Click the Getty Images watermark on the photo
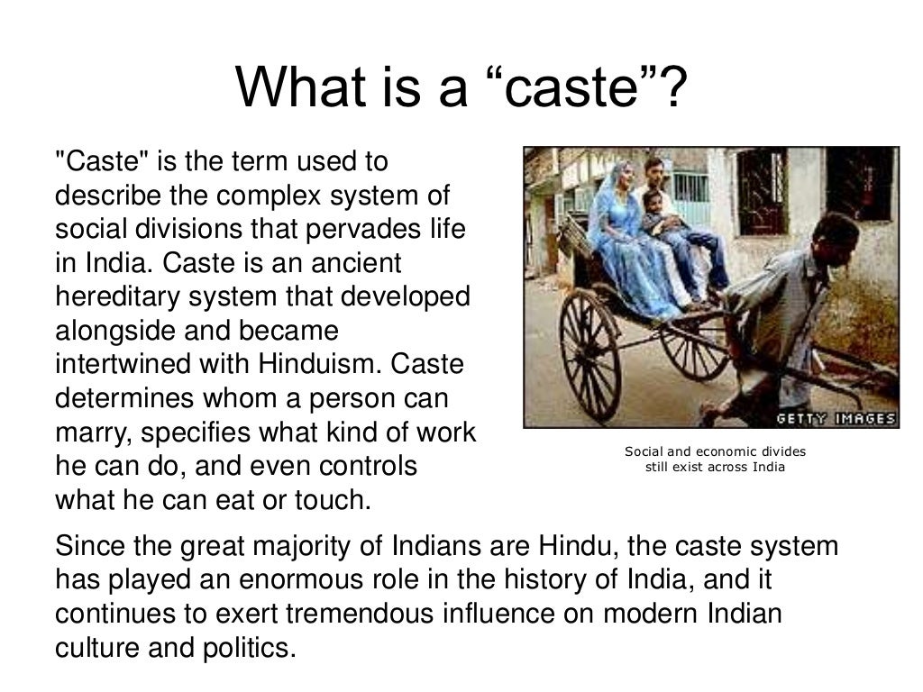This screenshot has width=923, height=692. [836, 418]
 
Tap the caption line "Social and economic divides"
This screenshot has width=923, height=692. [715, 451]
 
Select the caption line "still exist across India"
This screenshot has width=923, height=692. [715, 467]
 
